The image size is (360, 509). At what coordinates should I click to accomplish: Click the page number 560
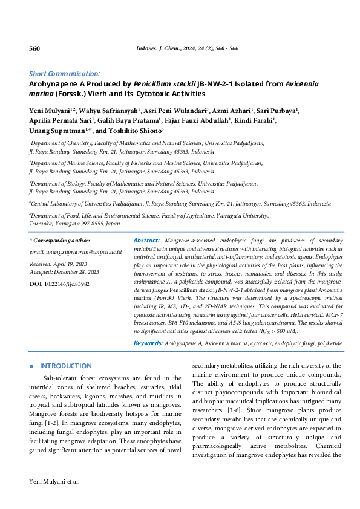tap(34, 49)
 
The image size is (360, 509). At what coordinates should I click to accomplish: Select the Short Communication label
tap(65, 73)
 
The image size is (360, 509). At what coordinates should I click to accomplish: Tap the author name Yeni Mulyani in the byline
tap(50, 111)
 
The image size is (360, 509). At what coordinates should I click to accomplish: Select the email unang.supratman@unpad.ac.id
tap(76, 251)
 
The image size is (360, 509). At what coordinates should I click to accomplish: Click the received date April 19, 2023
tap(71, 264)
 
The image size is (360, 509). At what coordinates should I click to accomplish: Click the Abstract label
tap(146, 240)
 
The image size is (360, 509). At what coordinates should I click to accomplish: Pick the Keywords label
tap(148, 343)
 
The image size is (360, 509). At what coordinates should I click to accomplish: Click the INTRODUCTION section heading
tap(65, 366)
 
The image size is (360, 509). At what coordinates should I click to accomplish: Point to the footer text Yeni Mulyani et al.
tap(54, 482)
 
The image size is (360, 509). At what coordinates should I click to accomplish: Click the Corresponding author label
tap(59, 241)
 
